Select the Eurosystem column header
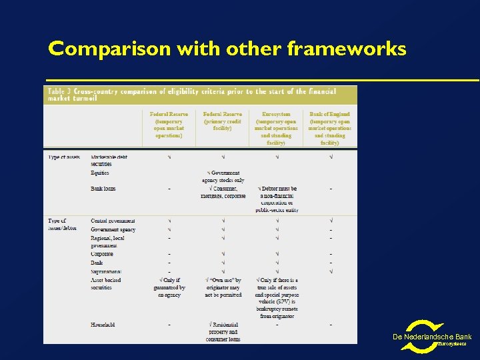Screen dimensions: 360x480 pos(276,128)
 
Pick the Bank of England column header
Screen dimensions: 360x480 pos(329,128)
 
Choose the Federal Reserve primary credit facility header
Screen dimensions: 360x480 pos(222,121)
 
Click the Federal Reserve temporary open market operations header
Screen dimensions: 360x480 pos(169,125)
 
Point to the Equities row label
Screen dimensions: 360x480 pos(100,173)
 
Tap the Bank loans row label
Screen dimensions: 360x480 pos(103,189)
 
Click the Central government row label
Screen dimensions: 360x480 pos(113,221)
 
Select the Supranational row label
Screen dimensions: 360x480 pos(109,271)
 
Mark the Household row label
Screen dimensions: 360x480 pos(103,325)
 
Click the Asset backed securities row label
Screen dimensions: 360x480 pos(106,284)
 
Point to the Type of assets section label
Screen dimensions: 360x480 pos(64,157)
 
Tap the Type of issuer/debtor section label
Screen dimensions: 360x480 pos(64,224)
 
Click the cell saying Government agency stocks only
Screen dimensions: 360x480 pos(223,176)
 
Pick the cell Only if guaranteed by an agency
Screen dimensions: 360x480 pos(169,287)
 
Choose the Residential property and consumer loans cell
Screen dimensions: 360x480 pos(223,331)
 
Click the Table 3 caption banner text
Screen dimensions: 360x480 pos(193,94)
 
